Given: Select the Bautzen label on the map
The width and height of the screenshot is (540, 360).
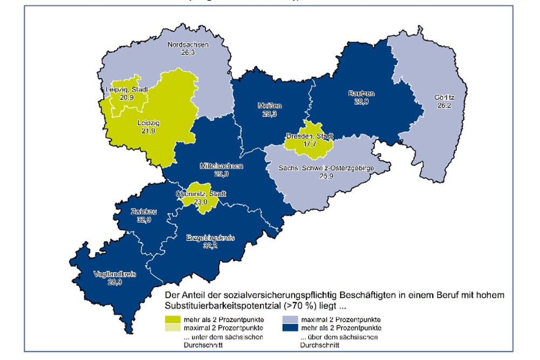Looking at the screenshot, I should pos(361,94).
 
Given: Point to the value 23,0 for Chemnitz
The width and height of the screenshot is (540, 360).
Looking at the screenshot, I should pos(200,201).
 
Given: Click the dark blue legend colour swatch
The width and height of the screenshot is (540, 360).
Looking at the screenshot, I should pos(290,327).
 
